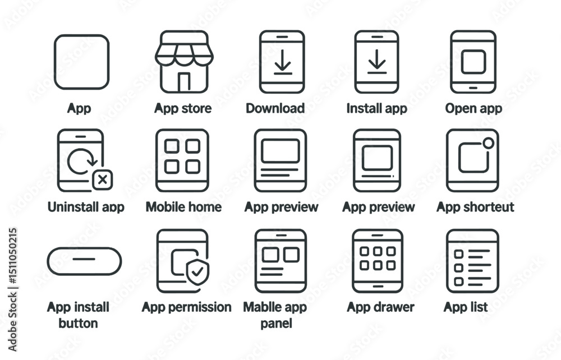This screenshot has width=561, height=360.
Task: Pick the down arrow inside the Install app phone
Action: coord(377,62)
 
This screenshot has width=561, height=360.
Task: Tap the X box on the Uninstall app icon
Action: coord(103,179)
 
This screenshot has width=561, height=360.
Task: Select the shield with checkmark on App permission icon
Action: coord(197,272)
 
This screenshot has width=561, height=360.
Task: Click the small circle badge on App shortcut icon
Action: coord(489,143)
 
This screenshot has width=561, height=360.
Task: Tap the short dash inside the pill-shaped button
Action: coord(84,259)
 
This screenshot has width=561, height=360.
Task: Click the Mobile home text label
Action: coord(183,207)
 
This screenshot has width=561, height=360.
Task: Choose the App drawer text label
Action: coord(380,307)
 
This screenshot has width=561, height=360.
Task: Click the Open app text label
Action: coord(473,108)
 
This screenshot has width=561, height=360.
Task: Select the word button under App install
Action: coord(78,323)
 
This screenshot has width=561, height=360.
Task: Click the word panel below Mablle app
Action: coord(276,324)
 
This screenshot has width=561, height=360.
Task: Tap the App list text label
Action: coord(466,307)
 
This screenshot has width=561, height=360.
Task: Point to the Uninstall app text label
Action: coord(86,207)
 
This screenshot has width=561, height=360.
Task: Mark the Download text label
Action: coord(275,108)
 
